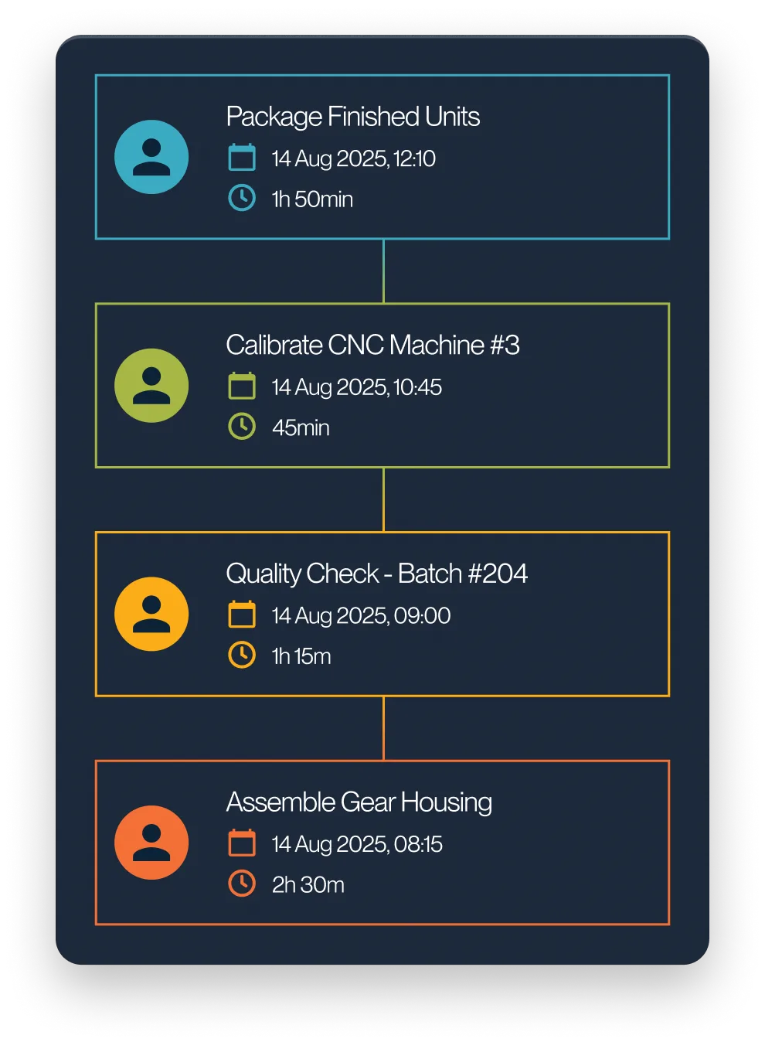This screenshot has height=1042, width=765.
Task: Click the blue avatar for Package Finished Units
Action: click(x=151, y=157)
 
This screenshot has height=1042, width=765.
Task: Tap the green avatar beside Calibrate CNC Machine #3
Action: click(x=151, y=386)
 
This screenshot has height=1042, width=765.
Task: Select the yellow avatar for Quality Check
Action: click(x=151, y=615)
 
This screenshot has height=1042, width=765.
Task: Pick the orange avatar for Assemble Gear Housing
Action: click(x=151, y=843)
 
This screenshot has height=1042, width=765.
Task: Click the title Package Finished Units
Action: click(x=352, y=117)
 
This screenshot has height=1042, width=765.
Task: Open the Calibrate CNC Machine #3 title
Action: click(x=372, y=345)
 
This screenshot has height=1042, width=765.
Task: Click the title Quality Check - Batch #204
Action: click(x=376, y=574)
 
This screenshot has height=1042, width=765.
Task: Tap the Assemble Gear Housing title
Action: click(x=359, y=802)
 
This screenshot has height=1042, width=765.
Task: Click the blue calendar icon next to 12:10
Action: click(x=242, y=158)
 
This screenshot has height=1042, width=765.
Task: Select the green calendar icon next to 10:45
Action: click(x=242, y=386)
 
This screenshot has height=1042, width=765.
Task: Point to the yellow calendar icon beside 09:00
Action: click(x=242, y=615)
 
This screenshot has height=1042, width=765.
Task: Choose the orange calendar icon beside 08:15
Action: click(x=242, y=843)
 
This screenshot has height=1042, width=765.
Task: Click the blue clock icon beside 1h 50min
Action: click(x=242, y=198)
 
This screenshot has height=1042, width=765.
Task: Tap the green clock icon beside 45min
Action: click(x=242, y=427)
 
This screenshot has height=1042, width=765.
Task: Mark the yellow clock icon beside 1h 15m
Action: click(x=242, y=655)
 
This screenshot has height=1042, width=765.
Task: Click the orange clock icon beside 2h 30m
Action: click(x=242, y=884)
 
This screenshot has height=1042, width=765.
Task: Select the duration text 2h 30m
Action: click(x=308, y=884)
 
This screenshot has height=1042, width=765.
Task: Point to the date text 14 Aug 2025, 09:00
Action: click(x=361, y=615)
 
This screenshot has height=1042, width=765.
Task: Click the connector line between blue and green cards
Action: click(x=383, y=271)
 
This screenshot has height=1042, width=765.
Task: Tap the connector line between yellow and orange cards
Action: click(x=383, y=728)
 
